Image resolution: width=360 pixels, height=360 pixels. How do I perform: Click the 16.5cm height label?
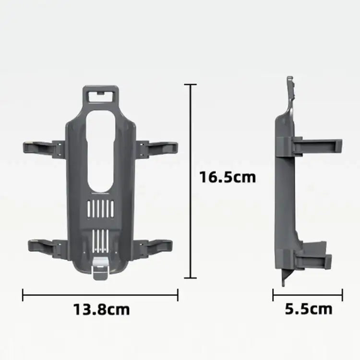point(228,177)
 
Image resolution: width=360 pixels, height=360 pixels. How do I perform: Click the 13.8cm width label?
point(101,309)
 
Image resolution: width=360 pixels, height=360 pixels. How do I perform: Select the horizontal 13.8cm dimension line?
point(100,295)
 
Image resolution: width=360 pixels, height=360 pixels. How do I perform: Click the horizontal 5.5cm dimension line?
point(308,295)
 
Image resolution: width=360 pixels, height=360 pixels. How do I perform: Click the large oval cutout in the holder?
point(101,149)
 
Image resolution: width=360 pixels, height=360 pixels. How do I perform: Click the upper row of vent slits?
point(101,209)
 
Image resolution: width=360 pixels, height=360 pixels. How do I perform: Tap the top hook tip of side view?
point(290,82)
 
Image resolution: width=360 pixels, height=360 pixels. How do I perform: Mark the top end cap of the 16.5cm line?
point(191,84)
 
